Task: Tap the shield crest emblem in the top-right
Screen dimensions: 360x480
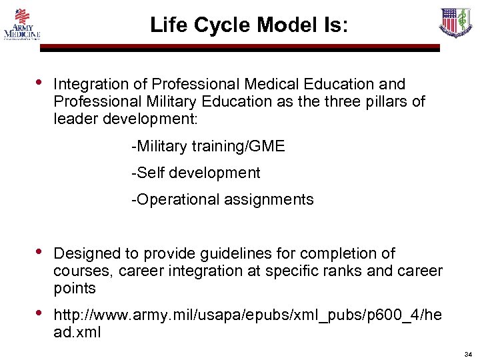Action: (x=455, y=23)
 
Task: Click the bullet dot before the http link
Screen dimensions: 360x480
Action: (x=39, y=312)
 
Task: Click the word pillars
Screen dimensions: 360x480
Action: (x=388, y=102)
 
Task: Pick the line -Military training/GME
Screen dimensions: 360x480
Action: (x=208, y=146)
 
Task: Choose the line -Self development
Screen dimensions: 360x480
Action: (x=196, y=173)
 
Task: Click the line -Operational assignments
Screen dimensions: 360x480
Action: (x=223, y=199)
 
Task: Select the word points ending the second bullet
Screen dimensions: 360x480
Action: (x=75, y=289)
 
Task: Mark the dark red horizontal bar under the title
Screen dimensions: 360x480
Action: (x=240, y=47)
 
